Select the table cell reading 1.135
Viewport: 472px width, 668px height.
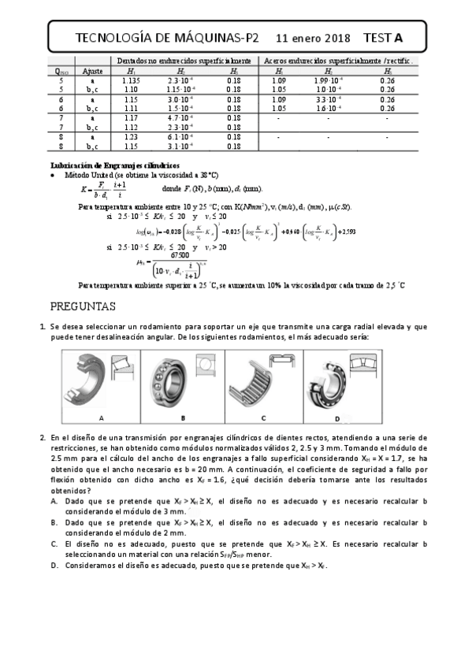point(131,80)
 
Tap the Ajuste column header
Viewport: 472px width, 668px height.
point(93,71)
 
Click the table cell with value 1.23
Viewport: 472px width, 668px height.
point(131,136)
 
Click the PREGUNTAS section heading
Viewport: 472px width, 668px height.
point(83,306)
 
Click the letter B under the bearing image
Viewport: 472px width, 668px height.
point(182,417)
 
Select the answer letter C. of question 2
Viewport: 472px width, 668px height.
point(54,544)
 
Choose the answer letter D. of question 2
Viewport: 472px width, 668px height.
point(54,566)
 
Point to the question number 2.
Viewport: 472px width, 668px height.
point(43,436)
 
